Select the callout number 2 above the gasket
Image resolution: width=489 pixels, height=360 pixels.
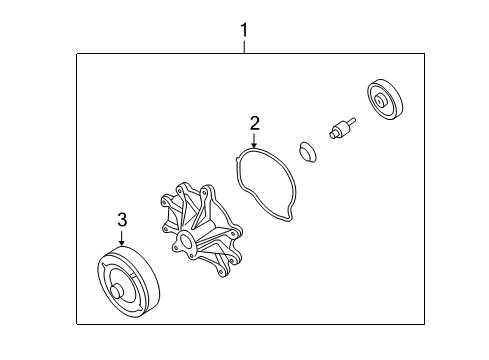[x=255, y=123]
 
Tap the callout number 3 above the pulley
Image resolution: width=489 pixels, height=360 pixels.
[x=122, y=219]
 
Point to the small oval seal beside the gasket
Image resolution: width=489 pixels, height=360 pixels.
[x=310, y=152]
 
